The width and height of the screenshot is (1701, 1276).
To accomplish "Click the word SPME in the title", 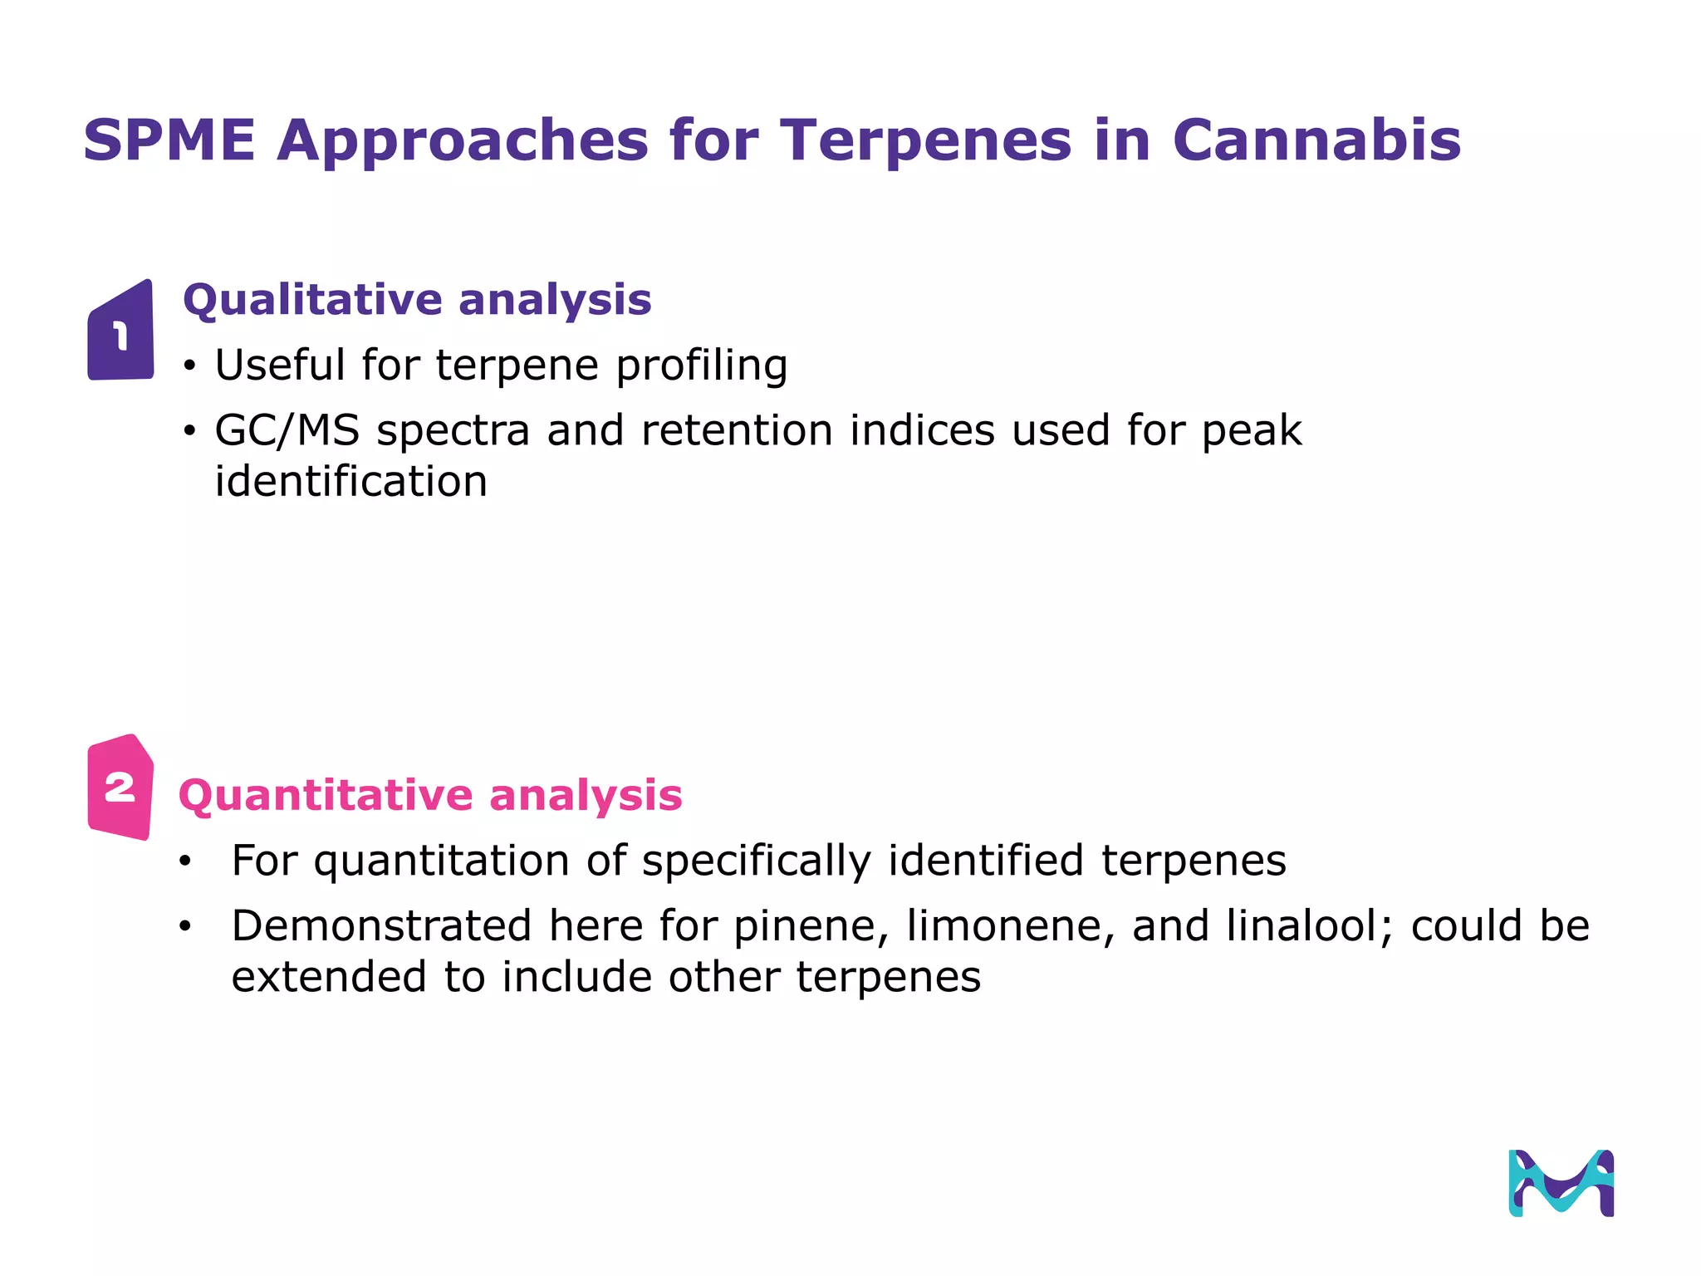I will click(169, 140).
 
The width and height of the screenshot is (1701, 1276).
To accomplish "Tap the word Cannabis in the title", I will click(1316, 140).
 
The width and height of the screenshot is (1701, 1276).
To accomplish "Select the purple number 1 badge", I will click(121, 332).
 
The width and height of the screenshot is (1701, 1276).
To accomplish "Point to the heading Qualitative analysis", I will click(417, 299).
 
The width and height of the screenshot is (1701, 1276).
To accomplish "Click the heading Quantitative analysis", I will click(430, 795).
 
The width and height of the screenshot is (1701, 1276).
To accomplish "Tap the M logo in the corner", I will click(1561, 1183).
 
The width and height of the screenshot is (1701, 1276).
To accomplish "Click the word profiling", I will click(702, 366).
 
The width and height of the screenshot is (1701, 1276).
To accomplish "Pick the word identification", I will click(350, 482).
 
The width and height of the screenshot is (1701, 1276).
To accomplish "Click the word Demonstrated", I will click(381, 926).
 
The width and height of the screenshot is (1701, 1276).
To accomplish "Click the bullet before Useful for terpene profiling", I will click(190, 366).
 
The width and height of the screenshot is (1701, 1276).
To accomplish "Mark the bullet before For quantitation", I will click(184, 861).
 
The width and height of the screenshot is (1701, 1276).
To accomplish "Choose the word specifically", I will click(756, 861).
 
